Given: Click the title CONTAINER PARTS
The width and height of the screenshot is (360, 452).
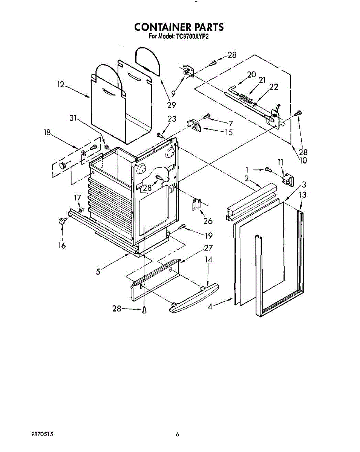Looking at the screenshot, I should point(179,27).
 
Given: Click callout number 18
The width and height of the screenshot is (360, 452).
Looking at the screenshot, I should point(47,133).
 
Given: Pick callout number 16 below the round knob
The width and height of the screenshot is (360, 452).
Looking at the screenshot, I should point(61,246).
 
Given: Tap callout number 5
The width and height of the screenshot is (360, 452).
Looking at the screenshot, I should point(98,272).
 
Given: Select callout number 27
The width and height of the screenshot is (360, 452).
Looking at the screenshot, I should point(208,247).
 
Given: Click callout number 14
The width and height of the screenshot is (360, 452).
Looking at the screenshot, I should point(208,260).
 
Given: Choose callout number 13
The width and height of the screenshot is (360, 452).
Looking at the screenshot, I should point(303,195).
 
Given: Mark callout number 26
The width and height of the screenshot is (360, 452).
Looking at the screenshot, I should point(208,221).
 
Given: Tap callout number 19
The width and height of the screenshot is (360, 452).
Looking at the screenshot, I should point(208,236).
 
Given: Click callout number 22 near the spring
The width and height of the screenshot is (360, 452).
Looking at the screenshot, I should point(274,87).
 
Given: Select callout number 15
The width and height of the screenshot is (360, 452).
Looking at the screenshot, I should point(228,132).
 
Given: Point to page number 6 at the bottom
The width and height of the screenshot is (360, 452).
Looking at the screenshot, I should point(177,434).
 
